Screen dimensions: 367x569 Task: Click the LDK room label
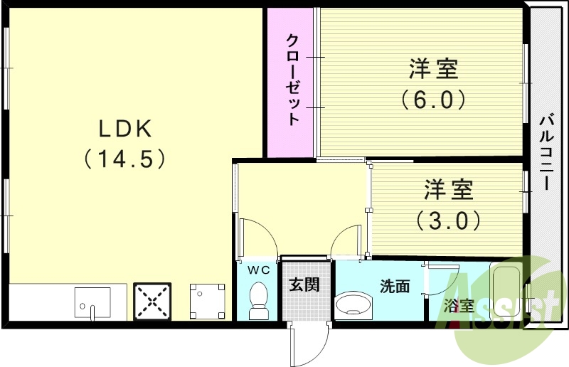(x=125, y=129)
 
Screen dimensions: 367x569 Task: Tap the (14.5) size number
(x=125, y=158)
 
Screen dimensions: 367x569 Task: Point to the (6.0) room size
(x=433, y=99)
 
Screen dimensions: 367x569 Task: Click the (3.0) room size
(x=449, y=221)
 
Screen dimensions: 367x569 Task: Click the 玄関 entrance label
(x=304, y=285)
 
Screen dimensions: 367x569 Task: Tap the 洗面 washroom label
(x=395, y=287)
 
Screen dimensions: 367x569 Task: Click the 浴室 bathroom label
(x=459, y=307)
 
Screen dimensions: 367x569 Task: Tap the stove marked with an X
(x=151, y=302)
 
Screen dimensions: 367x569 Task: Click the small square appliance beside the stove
(x=207, y=302)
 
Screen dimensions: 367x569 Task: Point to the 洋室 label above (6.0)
(x=433, y=69)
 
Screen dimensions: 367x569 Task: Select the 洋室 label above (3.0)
(x=449, y=191)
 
